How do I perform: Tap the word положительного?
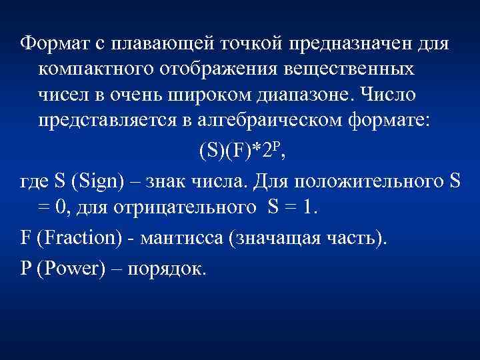point(357,181)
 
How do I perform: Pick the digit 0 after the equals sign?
point(60,207)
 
